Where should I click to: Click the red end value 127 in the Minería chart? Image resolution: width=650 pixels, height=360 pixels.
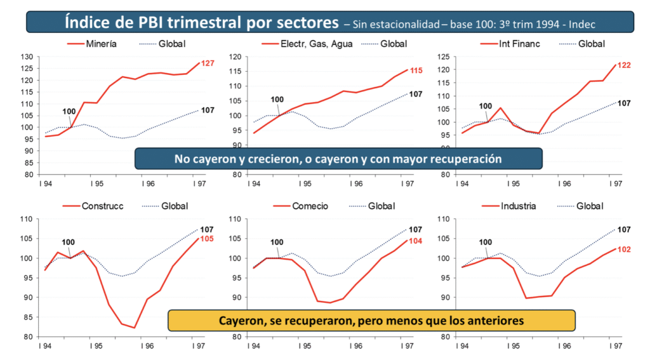point(208,63)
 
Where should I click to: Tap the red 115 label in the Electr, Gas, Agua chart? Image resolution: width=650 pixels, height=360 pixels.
point(416,70)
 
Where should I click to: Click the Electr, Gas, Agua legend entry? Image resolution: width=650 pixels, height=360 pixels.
point(310,44)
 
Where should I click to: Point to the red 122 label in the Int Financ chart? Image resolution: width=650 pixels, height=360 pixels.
point(623,65)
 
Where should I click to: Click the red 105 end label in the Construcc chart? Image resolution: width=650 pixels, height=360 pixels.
point(207,239)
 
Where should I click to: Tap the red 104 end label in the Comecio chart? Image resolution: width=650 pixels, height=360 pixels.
point(415,241)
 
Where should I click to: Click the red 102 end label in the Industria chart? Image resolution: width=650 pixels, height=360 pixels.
point(624,250)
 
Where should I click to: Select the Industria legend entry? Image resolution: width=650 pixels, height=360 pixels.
point(518,206)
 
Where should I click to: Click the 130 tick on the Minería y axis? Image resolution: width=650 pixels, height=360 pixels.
point(26,57)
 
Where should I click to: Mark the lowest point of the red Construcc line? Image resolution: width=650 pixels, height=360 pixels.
point(135,328)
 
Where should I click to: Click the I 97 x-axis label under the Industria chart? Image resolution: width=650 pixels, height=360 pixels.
point(615,347)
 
